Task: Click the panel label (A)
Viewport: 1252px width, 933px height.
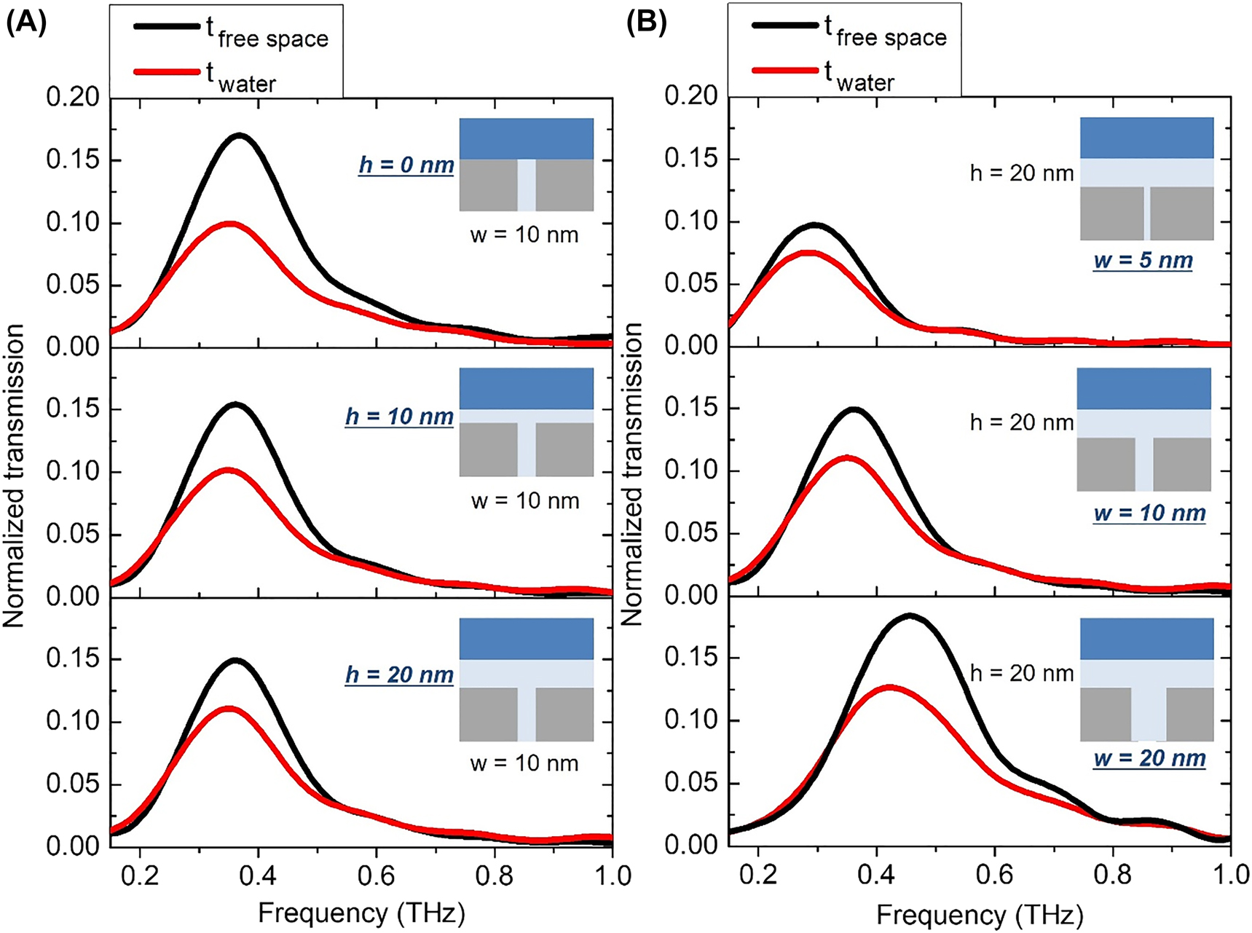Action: click(26, 25)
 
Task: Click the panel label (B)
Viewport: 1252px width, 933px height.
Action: click(646, 25)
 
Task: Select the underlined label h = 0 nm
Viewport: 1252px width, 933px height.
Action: click(406, 165)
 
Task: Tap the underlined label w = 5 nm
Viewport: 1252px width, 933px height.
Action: click(1143, 260)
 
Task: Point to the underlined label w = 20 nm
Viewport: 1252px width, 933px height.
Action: click(1149, 758)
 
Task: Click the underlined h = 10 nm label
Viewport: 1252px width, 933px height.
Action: click(400, 417)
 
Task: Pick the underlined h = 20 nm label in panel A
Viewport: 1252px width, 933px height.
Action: click(400, 675)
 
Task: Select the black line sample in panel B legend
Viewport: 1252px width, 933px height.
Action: click(785, 25)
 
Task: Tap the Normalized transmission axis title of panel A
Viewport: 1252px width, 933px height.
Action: click(14, 476)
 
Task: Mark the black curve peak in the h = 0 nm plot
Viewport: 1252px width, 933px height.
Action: click(239, 135)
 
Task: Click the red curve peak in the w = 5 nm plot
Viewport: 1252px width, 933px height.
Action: click(810, 253)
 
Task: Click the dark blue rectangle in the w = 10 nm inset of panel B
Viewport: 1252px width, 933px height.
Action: click(1143, 388)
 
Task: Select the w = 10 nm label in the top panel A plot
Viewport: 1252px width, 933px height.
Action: click(524, 235)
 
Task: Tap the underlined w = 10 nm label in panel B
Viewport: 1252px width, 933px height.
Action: click(1149, 513)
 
